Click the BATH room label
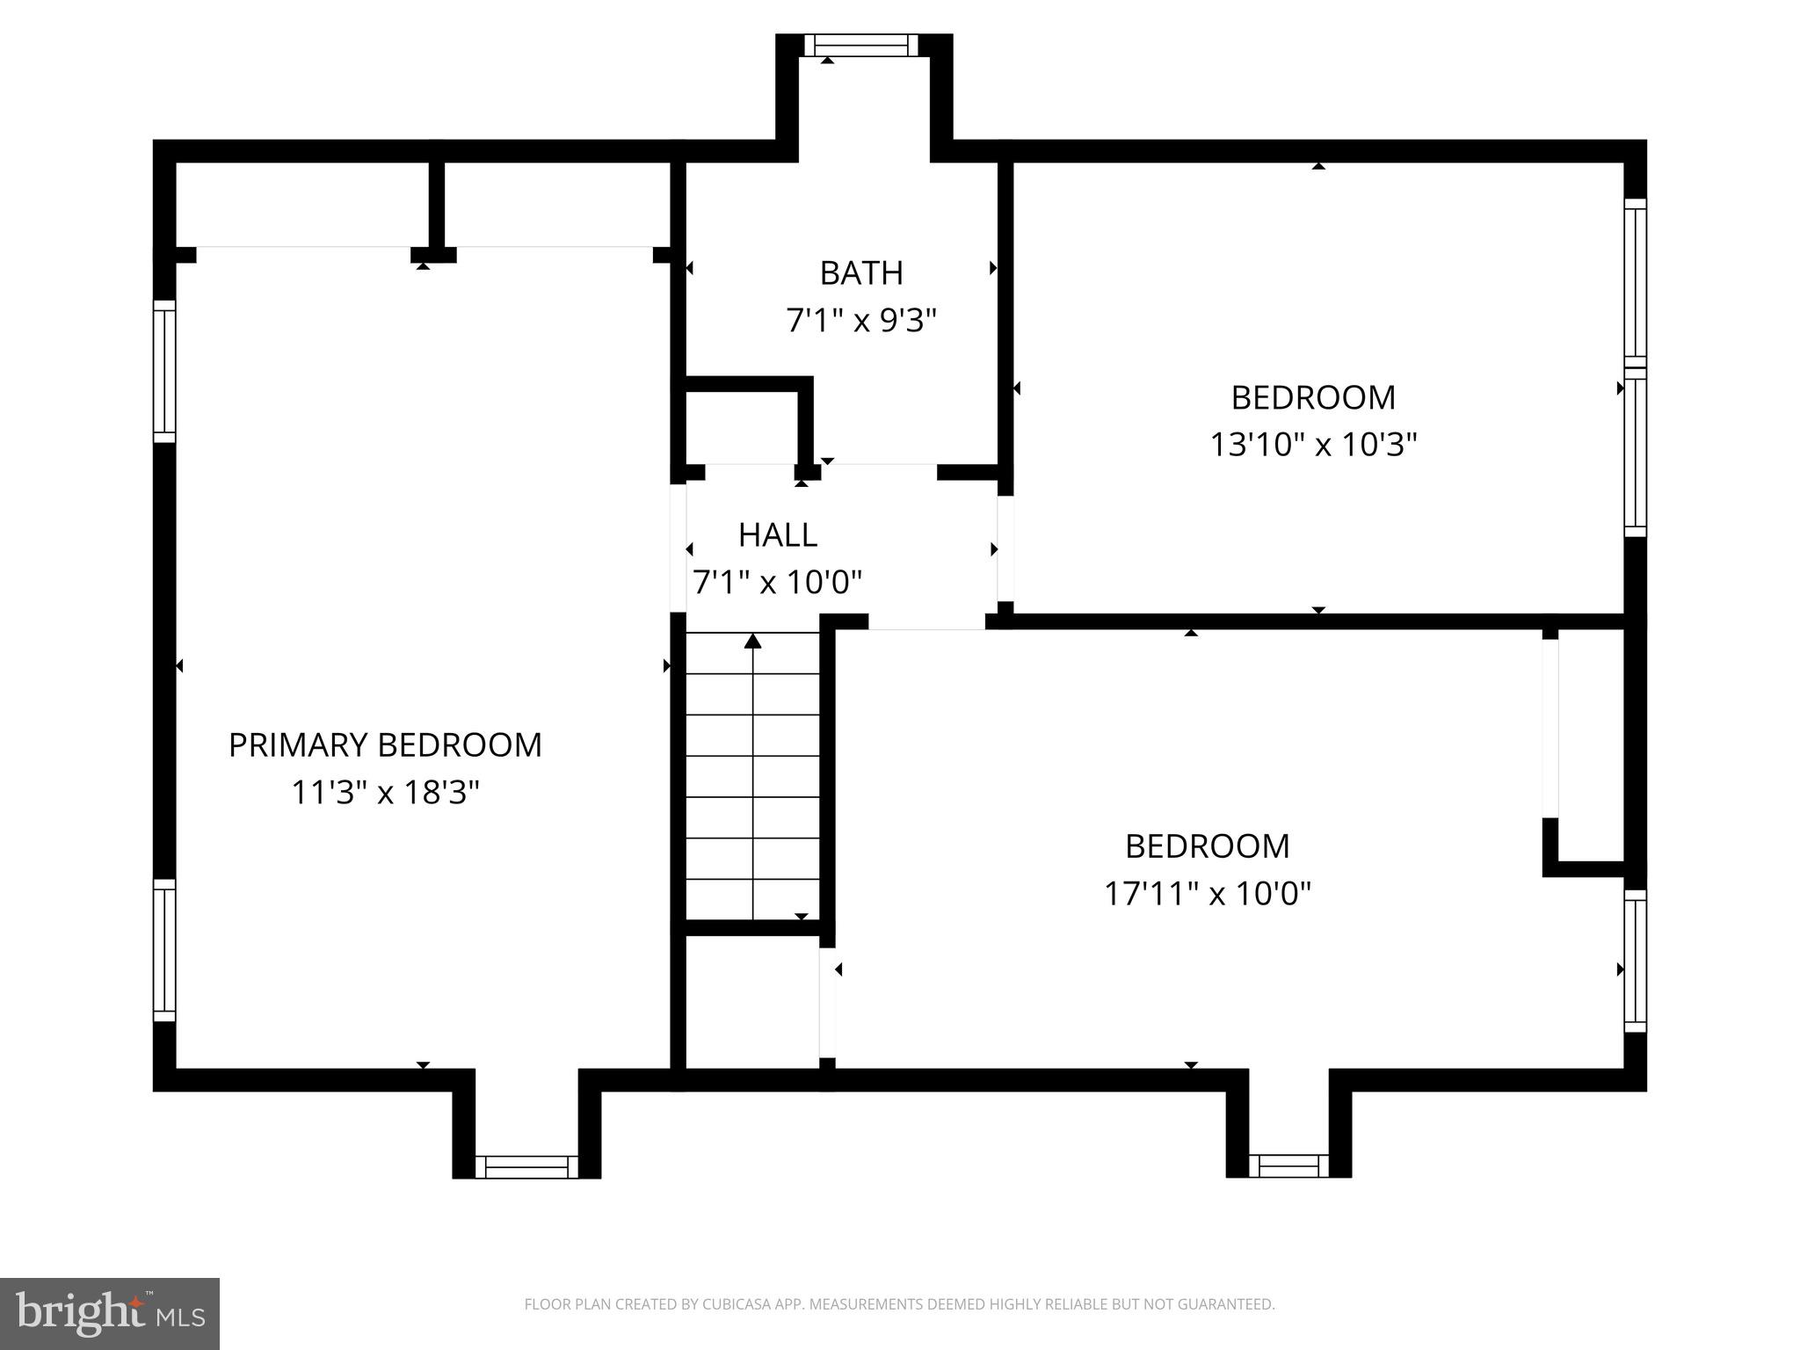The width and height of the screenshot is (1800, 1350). [860, 273]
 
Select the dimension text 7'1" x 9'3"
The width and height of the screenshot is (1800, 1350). [860, 321]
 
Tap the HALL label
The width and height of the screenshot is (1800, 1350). [777, 534]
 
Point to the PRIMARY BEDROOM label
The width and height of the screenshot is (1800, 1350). [385, 745]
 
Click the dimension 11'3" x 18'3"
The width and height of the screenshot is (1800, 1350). [385, 793]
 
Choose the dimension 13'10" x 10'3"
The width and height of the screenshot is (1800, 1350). [1313, 445]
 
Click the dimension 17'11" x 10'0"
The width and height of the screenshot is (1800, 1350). [1207, 894]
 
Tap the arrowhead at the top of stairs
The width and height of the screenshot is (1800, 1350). [752, 641]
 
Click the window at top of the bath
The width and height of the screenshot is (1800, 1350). [860, 46]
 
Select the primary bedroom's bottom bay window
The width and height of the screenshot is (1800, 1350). [526, 1166]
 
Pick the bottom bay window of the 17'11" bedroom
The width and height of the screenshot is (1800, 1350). [1288, 1166]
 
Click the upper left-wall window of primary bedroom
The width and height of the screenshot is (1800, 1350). [164, 371]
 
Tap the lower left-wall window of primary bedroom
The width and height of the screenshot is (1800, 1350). [164, 950]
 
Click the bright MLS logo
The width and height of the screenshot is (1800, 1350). [109, 1313]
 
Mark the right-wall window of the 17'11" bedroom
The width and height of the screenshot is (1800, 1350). [1635, 961]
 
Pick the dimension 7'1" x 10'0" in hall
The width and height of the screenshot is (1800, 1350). [777, 582]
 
